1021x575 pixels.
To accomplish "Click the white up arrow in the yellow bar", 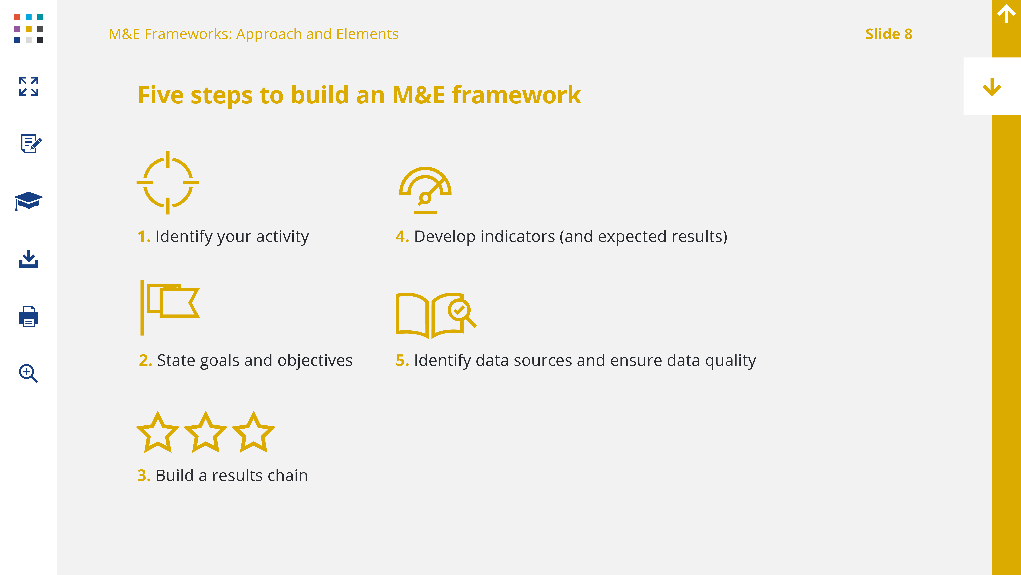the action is pyautogui.click(x=1006, y=14).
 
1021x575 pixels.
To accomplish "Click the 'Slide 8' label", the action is pyautogui.click(x=889, y=34).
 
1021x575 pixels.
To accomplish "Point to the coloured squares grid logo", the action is pyautogui.click(x=29, y=29).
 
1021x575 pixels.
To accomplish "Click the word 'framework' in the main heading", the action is pyautogui.click(x=516, y=95).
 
